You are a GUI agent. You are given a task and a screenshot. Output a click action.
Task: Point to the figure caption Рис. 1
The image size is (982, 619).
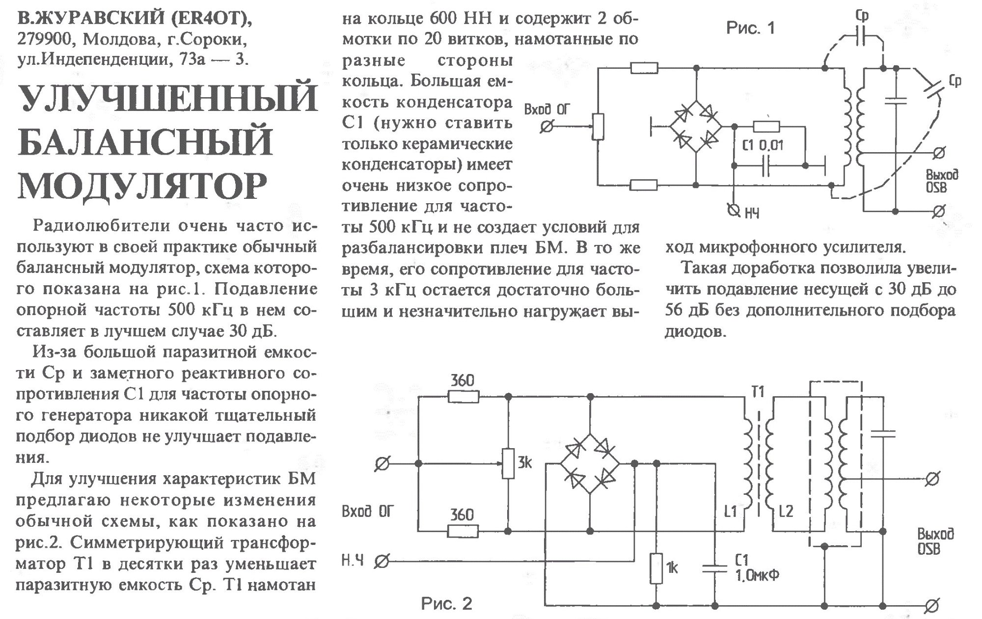(750, 28)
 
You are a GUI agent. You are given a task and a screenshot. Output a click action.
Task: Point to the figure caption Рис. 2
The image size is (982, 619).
(446, 603)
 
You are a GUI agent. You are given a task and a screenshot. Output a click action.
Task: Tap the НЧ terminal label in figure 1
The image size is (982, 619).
(752, 213)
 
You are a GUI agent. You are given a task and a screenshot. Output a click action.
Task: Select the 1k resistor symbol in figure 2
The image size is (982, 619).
(656, 568)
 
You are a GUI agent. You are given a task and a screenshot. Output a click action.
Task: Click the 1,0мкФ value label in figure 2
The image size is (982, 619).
(758, 575)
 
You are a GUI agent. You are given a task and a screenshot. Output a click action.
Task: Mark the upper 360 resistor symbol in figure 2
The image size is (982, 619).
(464, 396)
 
